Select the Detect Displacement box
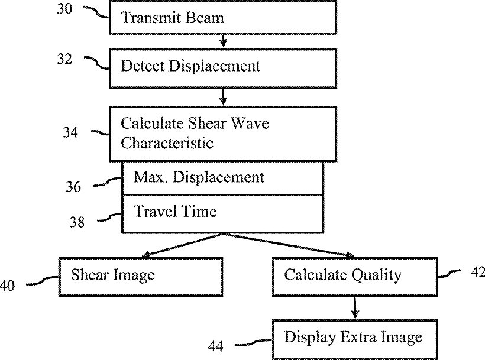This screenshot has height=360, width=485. click(x=223, y=66)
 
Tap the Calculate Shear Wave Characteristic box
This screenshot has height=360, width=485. click(x=223, y=134)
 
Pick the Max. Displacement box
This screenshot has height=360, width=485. click(x=223, y=178)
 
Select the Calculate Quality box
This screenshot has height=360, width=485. click(x=354, y=275)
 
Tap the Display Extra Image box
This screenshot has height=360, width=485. click(x=354, y=338)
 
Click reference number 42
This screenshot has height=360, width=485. click(x=475, y=272)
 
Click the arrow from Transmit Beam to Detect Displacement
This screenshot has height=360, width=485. click(x=223, y=40)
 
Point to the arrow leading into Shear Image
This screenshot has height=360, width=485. click(x=177, y=245)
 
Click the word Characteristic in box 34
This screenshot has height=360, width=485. click(x=167, y=143)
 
